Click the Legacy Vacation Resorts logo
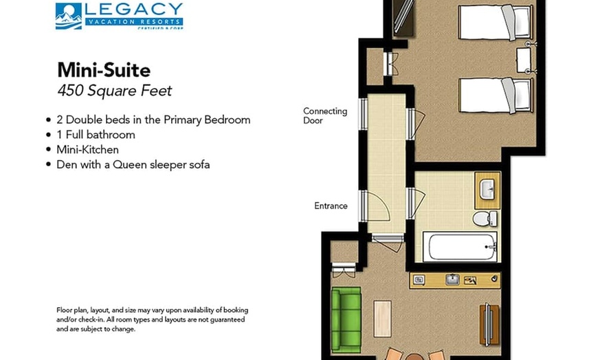tap(118, 16)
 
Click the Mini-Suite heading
tap(103, 70)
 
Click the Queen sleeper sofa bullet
tap(133, 164)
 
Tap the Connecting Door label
tap(325, 115)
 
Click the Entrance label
tap(331, 205)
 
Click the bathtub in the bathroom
tap(460, 246)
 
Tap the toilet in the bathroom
tap(485, 218)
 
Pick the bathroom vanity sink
tap(487, 190)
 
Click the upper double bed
tap(496, 22)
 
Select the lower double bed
tap(496, 95)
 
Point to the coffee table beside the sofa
tap(383, 319)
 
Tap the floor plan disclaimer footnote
tap(152, 319)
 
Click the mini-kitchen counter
tap(454, 280)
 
